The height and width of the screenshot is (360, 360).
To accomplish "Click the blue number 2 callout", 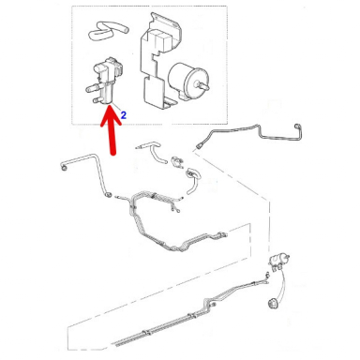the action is click(124, 115).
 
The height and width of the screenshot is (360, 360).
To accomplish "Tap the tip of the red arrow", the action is click(110, 107).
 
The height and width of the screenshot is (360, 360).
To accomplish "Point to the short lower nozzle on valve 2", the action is click(97, 100).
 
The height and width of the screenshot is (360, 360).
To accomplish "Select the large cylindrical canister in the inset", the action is click(185, 80).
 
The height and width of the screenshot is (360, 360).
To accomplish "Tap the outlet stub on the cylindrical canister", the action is click(203, 84).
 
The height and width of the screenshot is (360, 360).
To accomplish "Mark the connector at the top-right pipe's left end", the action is click(200, 144).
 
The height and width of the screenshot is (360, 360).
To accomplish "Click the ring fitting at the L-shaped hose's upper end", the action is click(64, 167).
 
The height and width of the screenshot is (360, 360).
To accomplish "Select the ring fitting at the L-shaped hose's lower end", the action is click(109, 194).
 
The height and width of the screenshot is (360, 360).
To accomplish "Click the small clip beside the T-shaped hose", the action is click(177, 161).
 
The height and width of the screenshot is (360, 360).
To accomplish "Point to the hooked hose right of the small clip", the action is click(193, 181).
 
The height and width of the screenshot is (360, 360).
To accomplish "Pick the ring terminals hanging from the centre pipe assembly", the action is click(174, 208).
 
